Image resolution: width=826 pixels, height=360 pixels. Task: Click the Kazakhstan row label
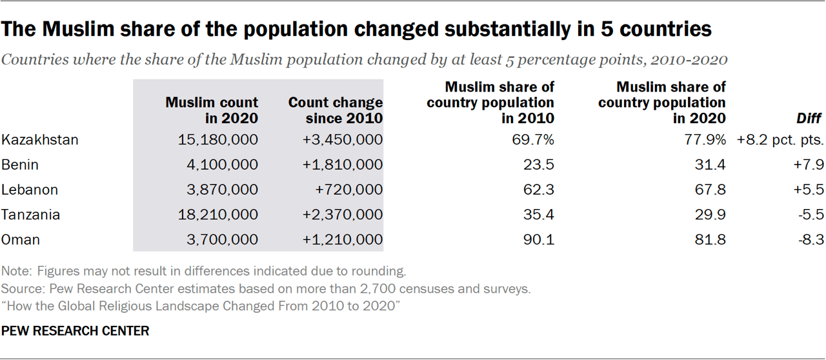pos(40,139)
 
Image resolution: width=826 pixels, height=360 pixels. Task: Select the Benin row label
pos(20,165)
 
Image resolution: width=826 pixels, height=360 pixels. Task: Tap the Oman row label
pos(21,239)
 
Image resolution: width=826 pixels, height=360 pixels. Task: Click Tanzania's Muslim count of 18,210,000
pos(219,214)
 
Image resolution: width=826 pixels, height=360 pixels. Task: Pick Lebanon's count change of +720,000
pos(348,190)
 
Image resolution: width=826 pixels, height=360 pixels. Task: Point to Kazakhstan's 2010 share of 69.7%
pos(532,139)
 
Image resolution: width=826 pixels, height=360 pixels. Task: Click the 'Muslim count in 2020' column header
pos(212,110)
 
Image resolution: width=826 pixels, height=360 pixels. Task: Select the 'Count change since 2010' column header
pos(335,110)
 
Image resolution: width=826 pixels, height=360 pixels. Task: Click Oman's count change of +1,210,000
pos(343,239)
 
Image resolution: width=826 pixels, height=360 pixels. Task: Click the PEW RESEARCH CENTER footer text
pos(76,331)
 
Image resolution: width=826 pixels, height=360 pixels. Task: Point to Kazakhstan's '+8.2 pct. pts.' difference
pos(780,139)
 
